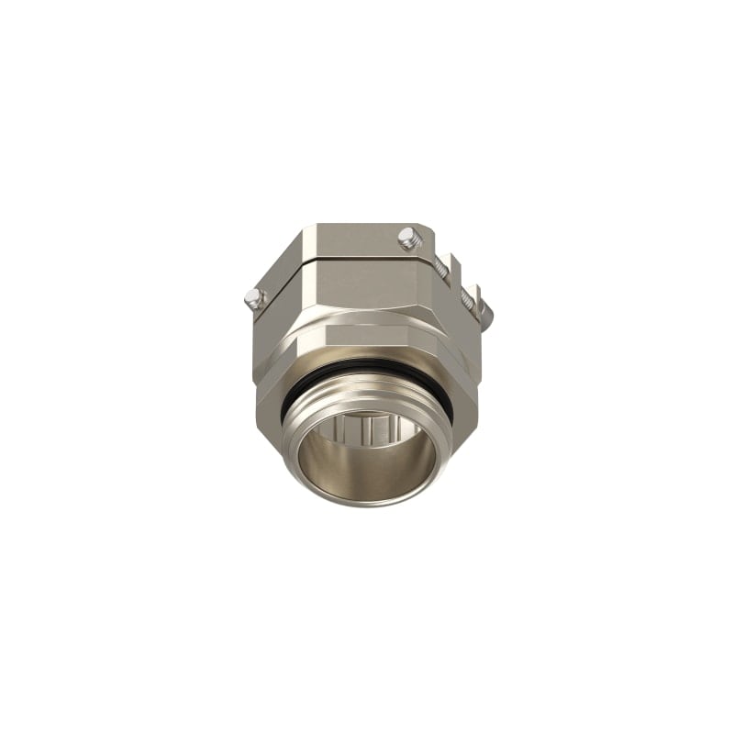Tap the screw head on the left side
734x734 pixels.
coord(253,297)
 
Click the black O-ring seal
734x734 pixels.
coord(367,369)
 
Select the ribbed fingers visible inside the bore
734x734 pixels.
coord(367,428)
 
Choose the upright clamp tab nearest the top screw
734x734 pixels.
coord(456,266)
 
